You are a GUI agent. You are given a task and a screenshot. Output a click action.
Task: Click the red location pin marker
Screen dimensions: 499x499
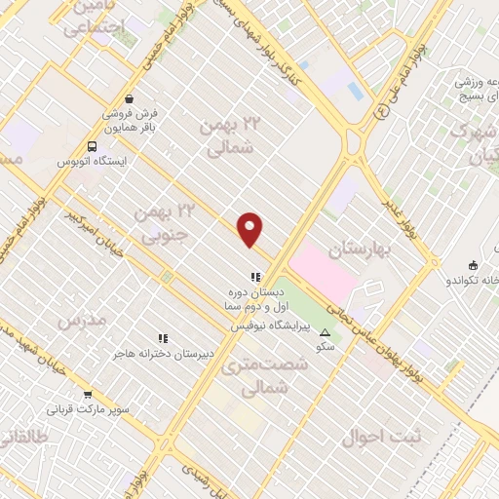250,229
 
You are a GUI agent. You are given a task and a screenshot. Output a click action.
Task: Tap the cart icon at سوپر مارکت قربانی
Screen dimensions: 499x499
89,394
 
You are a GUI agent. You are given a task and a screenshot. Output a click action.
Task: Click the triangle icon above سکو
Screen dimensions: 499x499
325,333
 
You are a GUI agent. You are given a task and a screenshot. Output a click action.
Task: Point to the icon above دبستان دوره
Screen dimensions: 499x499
255,278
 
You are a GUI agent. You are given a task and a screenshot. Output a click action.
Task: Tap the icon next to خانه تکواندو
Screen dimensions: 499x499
473,264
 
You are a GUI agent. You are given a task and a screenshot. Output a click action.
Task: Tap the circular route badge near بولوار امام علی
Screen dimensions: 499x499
382,112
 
